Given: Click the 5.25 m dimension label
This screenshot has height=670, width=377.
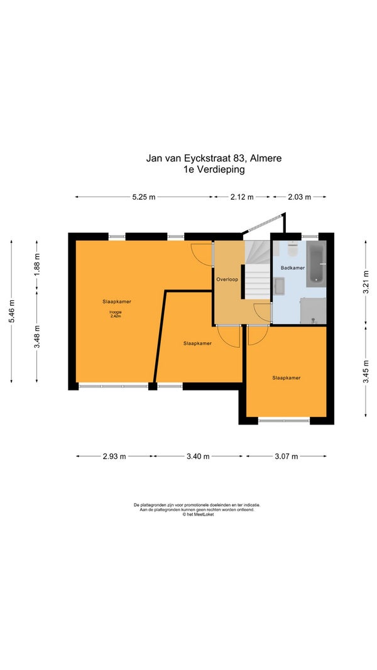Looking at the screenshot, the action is point(144,197).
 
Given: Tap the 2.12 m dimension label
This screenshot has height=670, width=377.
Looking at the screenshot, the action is point(242,197).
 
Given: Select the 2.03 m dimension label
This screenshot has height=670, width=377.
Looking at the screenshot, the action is point(300,197).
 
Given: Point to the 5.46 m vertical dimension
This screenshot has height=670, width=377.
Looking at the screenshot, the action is point(11,311).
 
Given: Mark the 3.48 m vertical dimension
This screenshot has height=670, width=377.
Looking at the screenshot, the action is point(37,337).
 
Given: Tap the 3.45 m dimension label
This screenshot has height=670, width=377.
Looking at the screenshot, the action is point(366,371).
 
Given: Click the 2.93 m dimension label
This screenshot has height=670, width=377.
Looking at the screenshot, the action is point(114,457).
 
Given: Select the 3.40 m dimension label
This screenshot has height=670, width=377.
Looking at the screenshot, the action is point(198,457).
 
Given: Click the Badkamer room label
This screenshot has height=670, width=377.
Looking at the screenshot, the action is point(293,268).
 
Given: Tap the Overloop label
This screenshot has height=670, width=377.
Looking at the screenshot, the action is point(227,279).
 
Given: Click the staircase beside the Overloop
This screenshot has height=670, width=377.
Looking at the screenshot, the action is point(258,269).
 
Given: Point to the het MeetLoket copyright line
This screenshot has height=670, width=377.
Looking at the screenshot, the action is point(199,514).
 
